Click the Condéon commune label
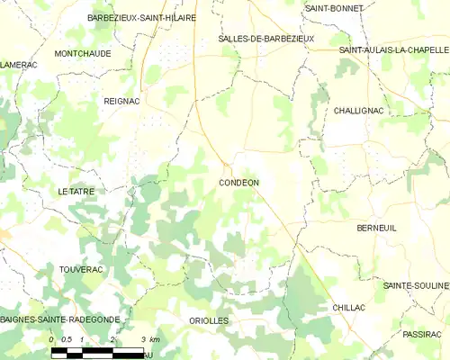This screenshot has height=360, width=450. tap(238, 183)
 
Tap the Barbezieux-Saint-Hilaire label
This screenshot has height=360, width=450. tap(141, 17)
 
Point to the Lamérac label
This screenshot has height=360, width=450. tap(18, 65)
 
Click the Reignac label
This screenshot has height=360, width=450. tap(121, 102)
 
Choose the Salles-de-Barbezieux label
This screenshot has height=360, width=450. tap(265, 39)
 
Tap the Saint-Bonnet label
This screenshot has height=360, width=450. tap(334, 8)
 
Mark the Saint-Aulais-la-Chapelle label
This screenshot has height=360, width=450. tap(393, 50)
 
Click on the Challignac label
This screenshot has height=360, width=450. tap(360, 110)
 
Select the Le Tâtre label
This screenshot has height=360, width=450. tap(76, 192)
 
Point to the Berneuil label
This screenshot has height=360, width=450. tap(376, 229)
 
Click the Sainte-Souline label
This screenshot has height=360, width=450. tap(415, 285)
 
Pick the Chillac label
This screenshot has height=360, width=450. tap(348, 308)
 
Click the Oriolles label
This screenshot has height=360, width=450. tap(209, 320)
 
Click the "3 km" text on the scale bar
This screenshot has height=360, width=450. tap(150, 339)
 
